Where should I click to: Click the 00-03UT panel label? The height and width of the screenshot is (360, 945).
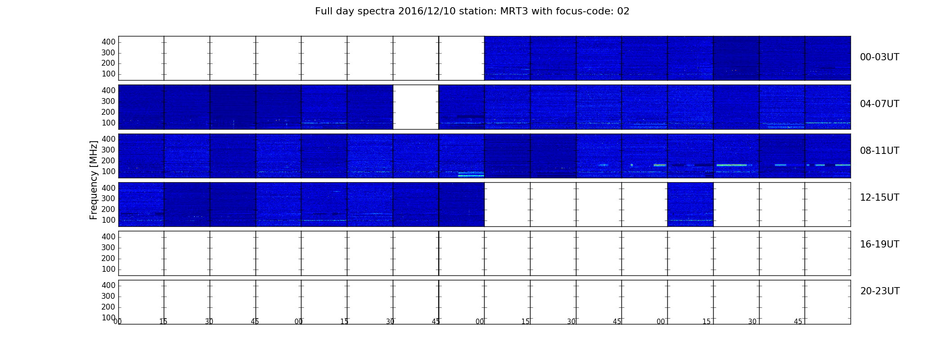click(x=879, y=57)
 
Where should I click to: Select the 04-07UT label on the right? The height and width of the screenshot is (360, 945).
click(x=879, y=104)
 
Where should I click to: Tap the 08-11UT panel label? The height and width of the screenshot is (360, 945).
click(x=879, y=151)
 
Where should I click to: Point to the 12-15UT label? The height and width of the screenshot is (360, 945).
click(x=879, y=198)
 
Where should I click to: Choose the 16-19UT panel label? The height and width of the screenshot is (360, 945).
click(x=879, y=244)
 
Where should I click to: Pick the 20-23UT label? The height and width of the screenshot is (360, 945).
click(x=880, y=291)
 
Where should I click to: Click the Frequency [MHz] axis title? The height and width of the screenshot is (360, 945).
click(x=94, y=180)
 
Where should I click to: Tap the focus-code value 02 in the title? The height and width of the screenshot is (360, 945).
click(x=623, y=11)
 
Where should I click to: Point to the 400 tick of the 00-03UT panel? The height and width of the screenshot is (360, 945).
click(x=108, y=42)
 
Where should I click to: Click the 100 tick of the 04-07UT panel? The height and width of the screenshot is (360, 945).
click(x=108, y=123)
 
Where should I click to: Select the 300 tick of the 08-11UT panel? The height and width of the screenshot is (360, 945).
click(x=108, y=150)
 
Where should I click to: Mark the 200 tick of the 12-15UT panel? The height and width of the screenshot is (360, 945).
click(x=108, y=209)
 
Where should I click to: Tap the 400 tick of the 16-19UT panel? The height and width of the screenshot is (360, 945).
click(x=108, y=237)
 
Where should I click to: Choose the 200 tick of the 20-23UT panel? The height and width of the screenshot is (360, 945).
click(x=108, y=307)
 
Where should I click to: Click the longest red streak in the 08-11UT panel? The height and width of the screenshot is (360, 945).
click(x=732, y=165)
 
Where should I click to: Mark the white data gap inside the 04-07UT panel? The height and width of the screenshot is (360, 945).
click(x=416, y=107)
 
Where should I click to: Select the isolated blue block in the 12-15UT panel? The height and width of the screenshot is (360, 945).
click(x=690, y=204)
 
